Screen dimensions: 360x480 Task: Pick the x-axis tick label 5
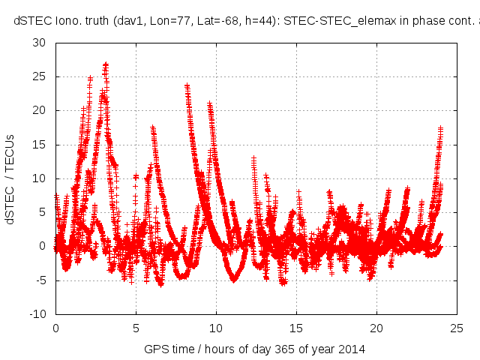(136, 328)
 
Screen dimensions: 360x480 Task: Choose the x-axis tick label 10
(216, 328)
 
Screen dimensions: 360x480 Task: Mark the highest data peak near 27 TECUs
(106, 64)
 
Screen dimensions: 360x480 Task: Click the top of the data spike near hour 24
(441, 128)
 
